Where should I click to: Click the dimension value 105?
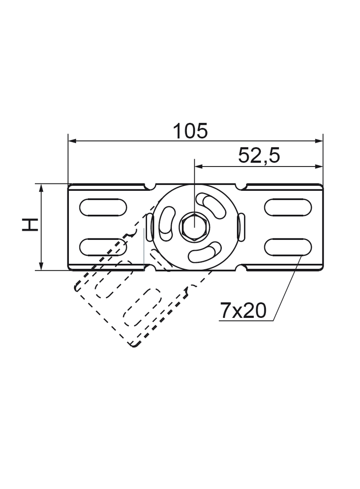(x=190, y=131)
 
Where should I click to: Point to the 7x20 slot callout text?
(x=243, y=311)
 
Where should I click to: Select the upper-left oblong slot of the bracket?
(x=103, y=207)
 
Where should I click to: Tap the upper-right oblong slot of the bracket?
(x=288, y=207)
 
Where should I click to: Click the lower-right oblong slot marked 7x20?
(x=288, y=247)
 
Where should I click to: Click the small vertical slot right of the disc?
(x=241, y=227)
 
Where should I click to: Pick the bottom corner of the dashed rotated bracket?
(x=134, y=345)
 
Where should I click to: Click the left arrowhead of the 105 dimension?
(x=72, y=140)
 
